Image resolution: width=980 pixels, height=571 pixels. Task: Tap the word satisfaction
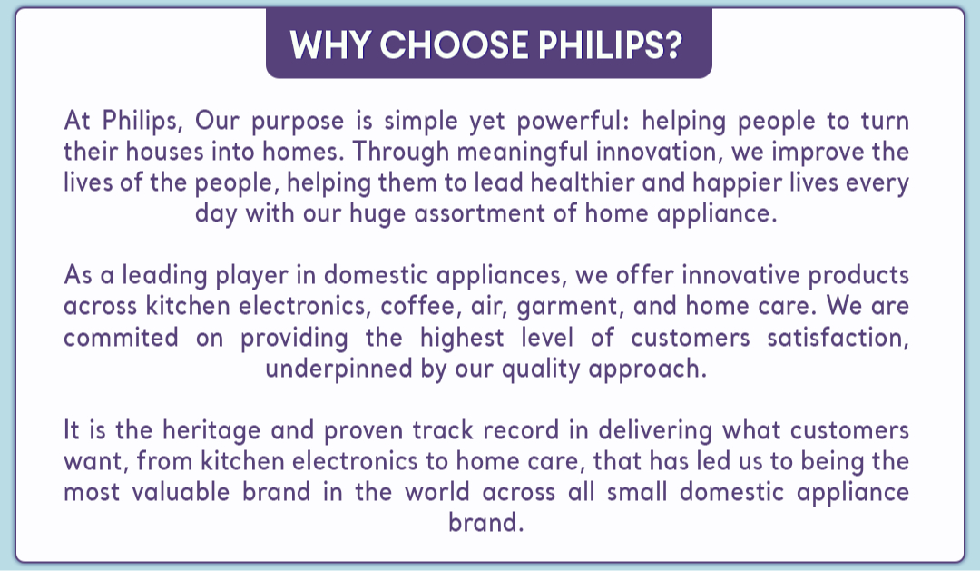[838, 337]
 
